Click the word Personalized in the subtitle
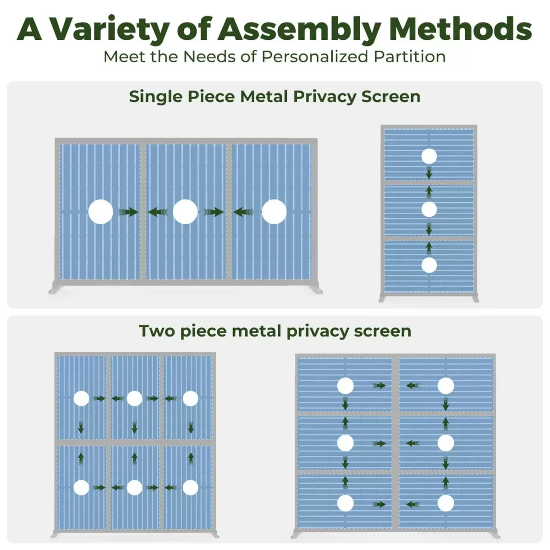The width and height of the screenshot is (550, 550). pyautogui.click(x=315, y=57)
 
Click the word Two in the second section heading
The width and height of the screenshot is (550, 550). pyautogui.click(x=157, y=331)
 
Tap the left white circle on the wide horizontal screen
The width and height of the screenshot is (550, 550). pyautogui.click(x=100, y=212)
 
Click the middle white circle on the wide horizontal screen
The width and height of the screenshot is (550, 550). pyautogui.click(x=185, y=212)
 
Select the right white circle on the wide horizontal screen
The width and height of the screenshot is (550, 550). pyautogui.click(x=274, y=212)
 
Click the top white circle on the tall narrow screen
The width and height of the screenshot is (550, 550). pyautogui.click(x=429, y=156)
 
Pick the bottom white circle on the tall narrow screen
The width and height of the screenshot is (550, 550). pyautogui.click(x=429, y=265)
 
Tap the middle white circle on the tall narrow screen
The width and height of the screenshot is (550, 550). pyautogui.click(x=429, y=209)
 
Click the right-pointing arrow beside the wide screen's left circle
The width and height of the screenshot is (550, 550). pyautogui.click(x=128, y=212)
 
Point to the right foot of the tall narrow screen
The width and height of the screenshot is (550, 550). pyautogui.click(x=474, y=298)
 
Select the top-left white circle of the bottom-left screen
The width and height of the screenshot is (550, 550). pyautogui.click(x=81, y=399)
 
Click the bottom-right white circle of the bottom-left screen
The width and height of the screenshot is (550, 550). pyautogui.click(x=190, y=488)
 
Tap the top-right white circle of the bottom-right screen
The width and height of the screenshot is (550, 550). pyautogui.click(x=445, y=386)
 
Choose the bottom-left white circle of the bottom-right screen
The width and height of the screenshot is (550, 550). pyautogui.click(x=346, y=503)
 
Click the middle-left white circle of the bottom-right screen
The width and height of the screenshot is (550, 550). pyautogui.click(x=345, y=443)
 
